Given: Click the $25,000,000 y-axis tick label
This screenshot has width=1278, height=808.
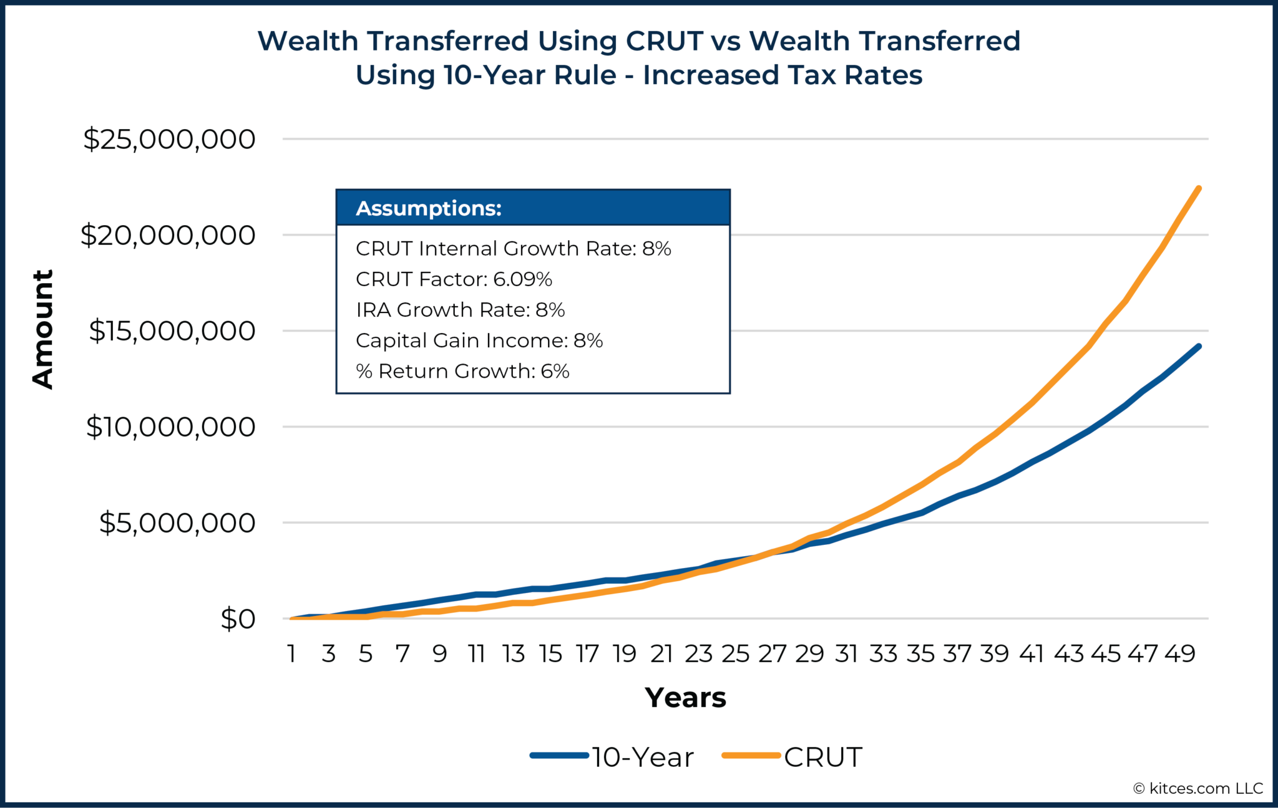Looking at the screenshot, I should (169, 139).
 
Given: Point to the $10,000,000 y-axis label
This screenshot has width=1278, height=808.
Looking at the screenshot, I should (170, 427).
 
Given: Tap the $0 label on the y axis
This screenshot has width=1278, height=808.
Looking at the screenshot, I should (238, 619).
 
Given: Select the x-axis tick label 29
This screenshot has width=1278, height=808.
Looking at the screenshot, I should (809, 654).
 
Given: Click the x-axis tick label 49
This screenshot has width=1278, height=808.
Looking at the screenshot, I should (1179, 654).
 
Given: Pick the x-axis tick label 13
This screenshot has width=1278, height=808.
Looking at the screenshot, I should (514, 654).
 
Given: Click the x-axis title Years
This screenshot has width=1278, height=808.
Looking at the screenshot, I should (685, 698).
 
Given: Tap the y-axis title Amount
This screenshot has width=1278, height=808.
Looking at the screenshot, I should (43, 329).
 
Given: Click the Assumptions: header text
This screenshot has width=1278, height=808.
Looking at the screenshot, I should (429, 208).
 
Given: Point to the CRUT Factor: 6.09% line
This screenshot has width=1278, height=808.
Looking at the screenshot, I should (454, 279).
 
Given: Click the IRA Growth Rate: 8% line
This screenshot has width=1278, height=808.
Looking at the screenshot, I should (460, 310).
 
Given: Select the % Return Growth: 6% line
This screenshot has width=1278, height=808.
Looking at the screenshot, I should (462, 372).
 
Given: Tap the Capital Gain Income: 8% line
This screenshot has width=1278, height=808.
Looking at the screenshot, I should (479, 340).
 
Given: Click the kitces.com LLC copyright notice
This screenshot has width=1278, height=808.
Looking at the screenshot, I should (1198, 789).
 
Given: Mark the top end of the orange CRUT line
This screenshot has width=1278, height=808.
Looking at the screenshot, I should (1198, 188).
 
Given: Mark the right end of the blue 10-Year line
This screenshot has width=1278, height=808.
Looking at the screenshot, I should (1198, 346).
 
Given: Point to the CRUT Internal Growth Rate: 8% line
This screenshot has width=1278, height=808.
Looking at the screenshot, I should (513, 249).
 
